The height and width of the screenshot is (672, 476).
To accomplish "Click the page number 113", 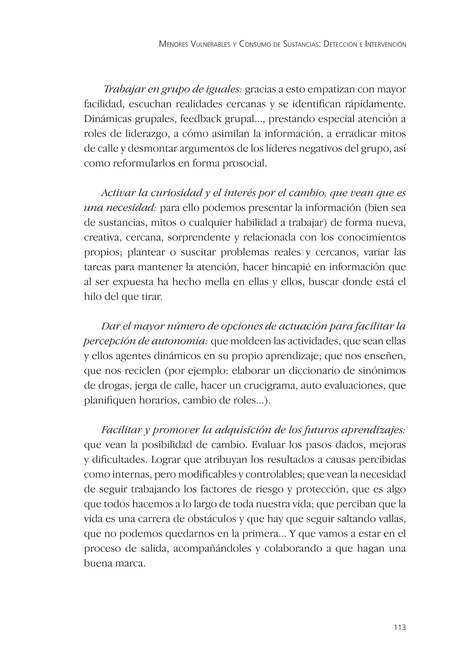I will [400, 627].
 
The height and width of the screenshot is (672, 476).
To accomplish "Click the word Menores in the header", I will [173, 45].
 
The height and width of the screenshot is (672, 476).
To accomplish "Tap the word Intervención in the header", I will [386, 45].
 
